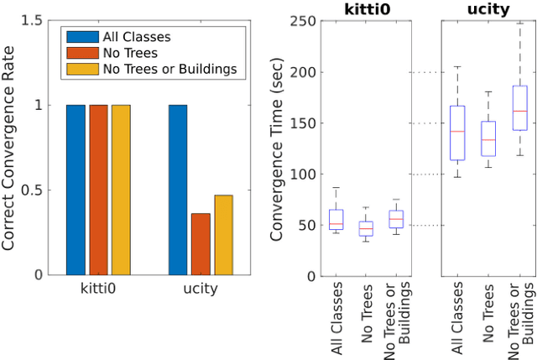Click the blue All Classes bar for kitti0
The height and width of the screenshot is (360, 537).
click(x=76, y=190)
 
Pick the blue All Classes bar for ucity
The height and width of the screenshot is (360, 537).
click(x=178, y=190)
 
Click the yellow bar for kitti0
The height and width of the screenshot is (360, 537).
click(x=121, y=190)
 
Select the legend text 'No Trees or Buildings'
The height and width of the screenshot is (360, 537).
click(x=169, y=68)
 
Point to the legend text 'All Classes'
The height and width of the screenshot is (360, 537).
click(x=136, y=37)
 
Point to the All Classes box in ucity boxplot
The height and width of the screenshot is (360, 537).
click(x=457, y=133)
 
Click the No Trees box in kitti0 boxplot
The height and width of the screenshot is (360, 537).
click(x=365, y=227)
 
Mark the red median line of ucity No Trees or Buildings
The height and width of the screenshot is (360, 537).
click(x=519, y=111)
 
